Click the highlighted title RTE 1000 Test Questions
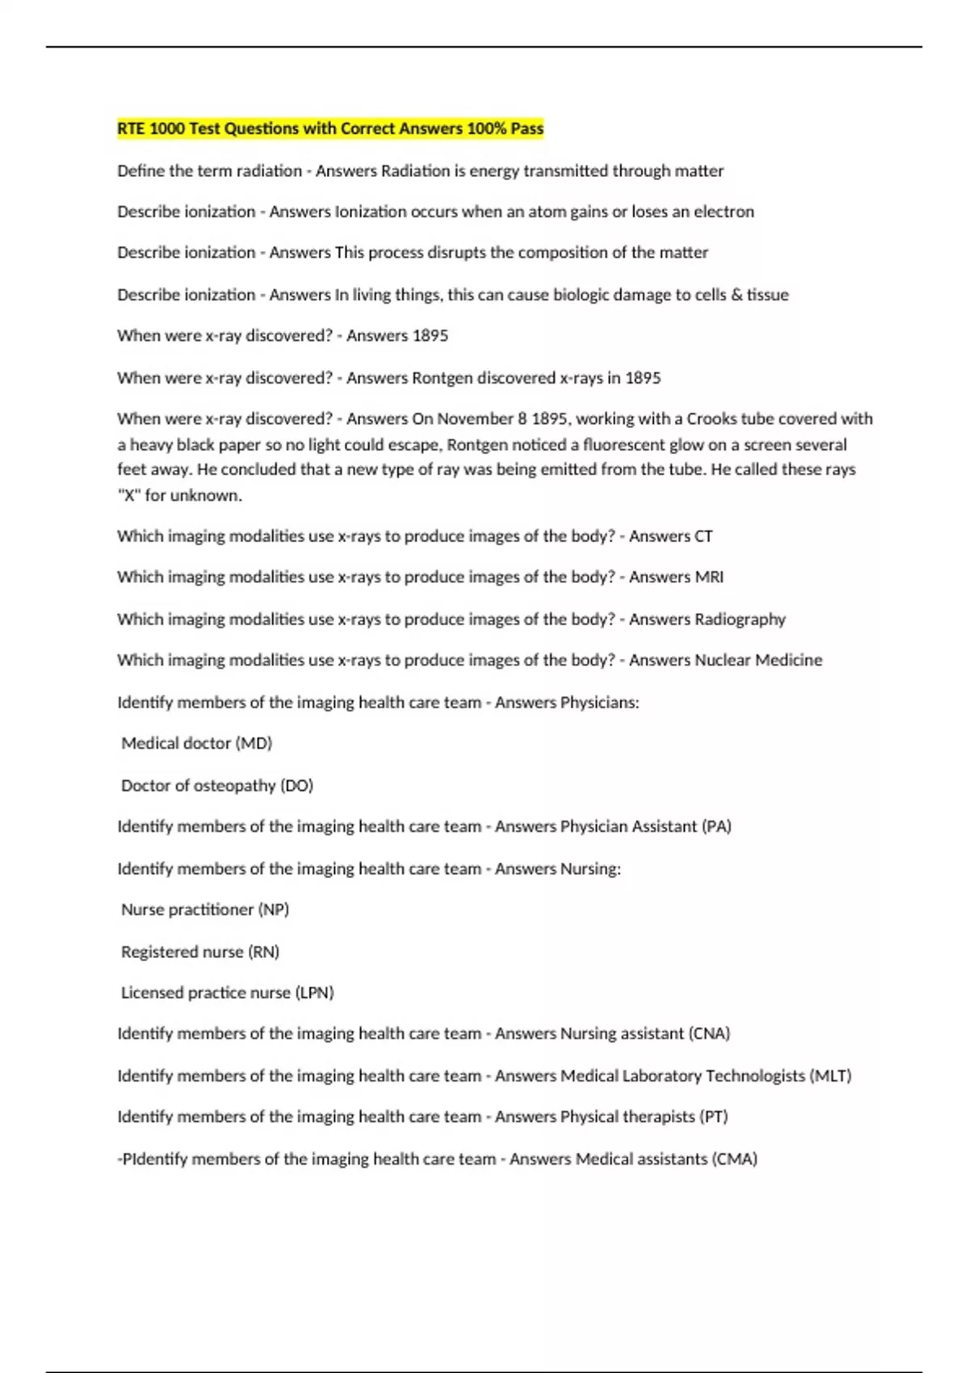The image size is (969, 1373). [x=330, y=128]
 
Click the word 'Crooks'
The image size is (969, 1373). [x=711, y=418]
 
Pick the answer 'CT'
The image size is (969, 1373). [x=703, y=536]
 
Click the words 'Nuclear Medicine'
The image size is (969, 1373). [x=758, y=661]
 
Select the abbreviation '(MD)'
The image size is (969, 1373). [x=254, y=744]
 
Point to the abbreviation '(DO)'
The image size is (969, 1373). [x=296, y=786]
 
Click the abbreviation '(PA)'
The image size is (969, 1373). [x=716, y=827]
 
